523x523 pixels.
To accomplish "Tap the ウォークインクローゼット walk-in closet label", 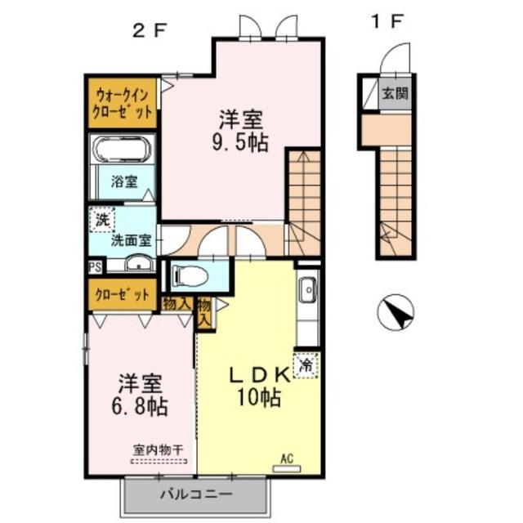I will (x=121, y=102).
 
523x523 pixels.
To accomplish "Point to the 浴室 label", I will (x=124, y=181).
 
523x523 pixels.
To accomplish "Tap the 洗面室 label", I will (x=131, y=241).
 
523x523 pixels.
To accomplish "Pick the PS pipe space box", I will (x=96, y=266).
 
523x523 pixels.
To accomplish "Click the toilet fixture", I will (x=187, y=275).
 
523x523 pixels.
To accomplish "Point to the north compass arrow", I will (x=396, y=312).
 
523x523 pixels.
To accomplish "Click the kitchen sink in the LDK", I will (x=308, y=289).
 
